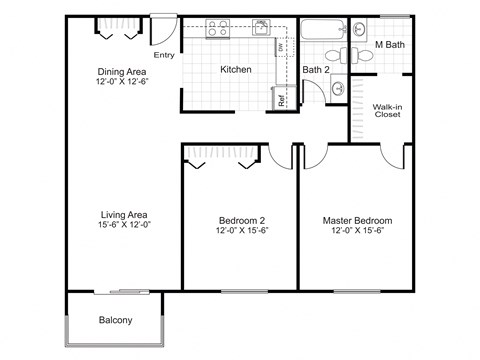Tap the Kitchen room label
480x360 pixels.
point(235,70)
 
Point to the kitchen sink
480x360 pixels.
point(262,27)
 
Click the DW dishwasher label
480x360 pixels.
point(282,47)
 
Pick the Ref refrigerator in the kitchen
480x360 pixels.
point(282,99)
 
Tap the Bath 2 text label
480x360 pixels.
point(317,69)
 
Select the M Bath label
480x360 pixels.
point(389,45)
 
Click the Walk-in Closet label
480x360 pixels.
point(387,110)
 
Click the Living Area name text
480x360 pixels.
point(125,214)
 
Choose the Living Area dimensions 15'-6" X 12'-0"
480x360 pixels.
point(125,226)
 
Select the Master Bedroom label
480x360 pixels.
point(357,220)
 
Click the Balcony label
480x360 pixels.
point(117,321)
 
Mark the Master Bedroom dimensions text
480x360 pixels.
point(357,231)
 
